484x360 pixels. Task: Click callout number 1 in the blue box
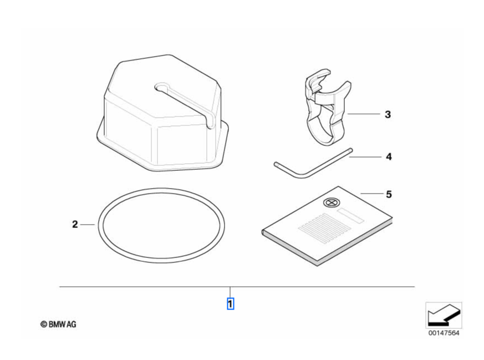point(230,304)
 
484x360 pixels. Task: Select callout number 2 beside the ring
point(75,224)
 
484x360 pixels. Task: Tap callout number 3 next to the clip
point(388,114)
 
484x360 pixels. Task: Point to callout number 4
point(389,156)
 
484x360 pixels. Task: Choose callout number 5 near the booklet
point(389,194)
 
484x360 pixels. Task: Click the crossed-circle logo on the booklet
point(331,202)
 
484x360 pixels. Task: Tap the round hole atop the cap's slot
point(161,87)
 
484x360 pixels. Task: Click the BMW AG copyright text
point(58,324)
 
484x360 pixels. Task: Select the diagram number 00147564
point(444,333)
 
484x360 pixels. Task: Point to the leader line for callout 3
point(364,114)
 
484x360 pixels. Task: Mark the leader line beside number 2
point(88,225)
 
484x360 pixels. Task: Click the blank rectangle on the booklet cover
point(350,216)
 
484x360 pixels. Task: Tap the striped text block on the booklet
point(324,229)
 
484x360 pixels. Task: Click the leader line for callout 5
point(371,194)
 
